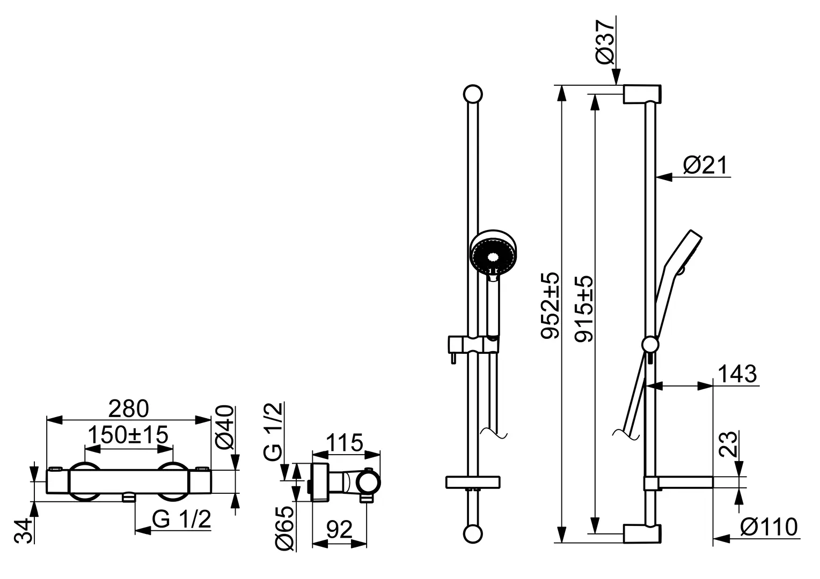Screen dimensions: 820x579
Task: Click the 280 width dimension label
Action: pyautogui.click(x=128, y=409)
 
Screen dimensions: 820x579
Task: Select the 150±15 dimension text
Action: pyautogui.click(x=128, y=435)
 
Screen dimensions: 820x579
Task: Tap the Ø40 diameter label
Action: pyautogui.click(x=224, y=427)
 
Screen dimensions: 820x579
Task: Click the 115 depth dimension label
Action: pyautogui.click(x=345, y=443)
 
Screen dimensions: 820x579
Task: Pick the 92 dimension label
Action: pyautogui.click(x=339, y=529)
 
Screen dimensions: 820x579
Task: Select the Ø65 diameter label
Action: pyautogui.click(x=284, y=528)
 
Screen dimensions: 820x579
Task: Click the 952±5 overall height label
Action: pyautogui.click(x=550, y=306)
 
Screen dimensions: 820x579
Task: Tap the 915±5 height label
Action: pyautogui.click(x=584, y=309)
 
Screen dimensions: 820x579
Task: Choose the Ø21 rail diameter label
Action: pyautogui.click(x=705, y=165)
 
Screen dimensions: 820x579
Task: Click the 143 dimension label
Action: pyautogui.click(x=737, y=374)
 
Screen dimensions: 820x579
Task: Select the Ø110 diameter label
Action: pyautogui.click(x=768, y=527)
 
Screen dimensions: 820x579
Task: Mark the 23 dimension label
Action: pyautogui.click(x=728, y=444)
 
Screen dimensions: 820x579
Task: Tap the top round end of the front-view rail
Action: pyautogui.click(x=473, y=94)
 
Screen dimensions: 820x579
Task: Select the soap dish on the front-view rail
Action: pyautogui.click(x=473, y=482)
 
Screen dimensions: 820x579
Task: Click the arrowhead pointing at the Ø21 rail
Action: pyautogui.click(x=664, y=177)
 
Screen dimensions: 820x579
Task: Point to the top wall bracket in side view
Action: pyautogui.click(x=642, y=94)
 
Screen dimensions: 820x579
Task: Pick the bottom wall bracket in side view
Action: pyautogui.click(x=642, y=533)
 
